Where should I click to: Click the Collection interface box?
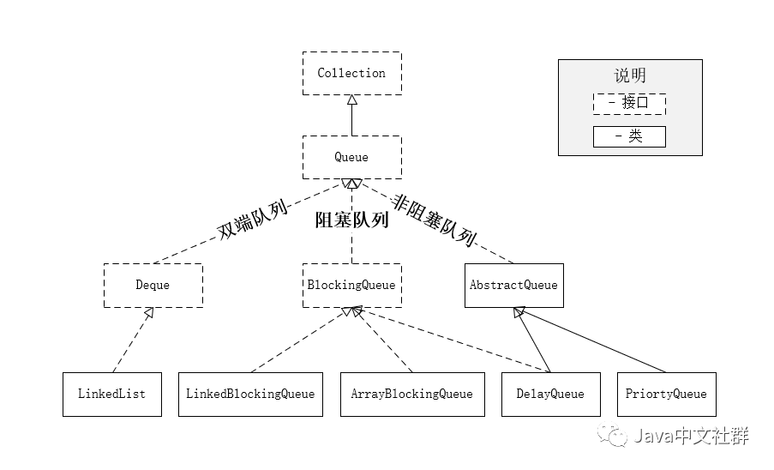(351, 73)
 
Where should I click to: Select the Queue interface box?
(351, 157)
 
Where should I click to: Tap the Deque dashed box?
(153, 285)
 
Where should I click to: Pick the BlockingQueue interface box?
(351, 285)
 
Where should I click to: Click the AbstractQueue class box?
(513, 285)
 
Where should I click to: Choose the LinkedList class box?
(111, 395)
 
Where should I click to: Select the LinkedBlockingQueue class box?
(250, 395)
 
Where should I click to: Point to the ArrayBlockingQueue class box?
(411, 395)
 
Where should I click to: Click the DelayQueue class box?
(550, 395)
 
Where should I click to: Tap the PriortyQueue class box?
(666, 395)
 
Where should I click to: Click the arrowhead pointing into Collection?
(351, 100)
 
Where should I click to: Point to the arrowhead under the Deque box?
(149, 313)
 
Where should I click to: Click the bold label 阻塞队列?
(351, 220)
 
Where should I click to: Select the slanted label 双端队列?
(251, 217)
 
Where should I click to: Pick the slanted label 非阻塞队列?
(435, 220)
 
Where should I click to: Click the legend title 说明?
(630, 75)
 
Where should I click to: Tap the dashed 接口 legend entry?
(629, 104)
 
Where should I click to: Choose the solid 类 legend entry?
(629, 136)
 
